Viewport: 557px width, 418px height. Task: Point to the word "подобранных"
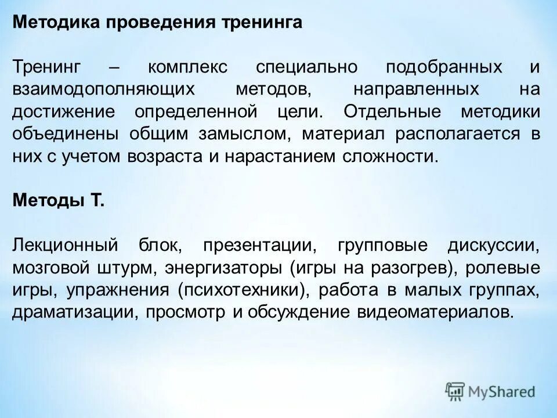(x=444, y=67)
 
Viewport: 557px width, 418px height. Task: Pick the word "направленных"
(x=416, y=89)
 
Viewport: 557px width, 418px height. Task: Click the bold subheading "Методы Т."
(x=59, y=201)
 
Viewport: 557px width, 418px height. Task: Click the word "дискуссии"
(x=493, y=245)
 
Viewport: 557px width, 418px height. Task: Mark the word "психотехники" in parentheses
(x=243, y=290)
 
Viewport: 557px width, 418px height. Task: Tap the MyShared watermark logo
(x=491, y=391)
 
